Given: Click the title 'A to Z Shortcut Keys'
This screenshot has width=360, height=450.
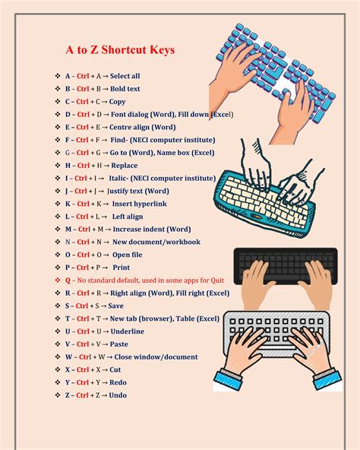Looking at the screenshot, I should coord(119,50).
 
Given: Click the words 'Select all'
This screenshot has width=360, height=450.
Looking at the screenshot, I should coord(125,76).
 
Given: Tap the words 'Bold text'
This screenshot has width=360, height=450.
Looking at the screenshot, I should coord(125,89).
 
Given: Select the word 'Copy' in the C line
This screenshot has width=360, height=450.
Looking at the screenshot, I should coord(117,101).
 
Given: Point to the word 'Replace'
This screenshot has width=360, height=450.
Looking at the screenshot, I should coord(125,165).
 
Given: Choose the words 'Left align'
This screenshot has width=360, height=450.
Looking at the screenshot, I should coord(128,217).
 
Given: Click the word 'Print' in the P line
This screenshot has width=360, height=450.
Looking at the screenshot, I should coord(121,268).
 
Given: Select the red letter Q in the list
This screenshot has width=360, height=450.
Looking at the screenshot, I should coord(68,280).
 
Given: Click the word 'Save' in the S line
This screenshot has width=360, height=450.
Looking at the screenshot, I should coord(115,306).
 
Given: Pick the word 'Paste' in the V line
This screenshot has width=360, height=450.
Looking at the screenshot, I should coord(120,344).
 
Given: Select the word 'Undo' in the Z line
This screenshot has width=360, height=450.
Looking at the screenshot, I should coord(118,395).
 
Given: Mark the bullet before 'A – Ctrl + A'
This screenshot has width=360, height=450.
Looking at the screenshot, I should coord(57,76).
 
